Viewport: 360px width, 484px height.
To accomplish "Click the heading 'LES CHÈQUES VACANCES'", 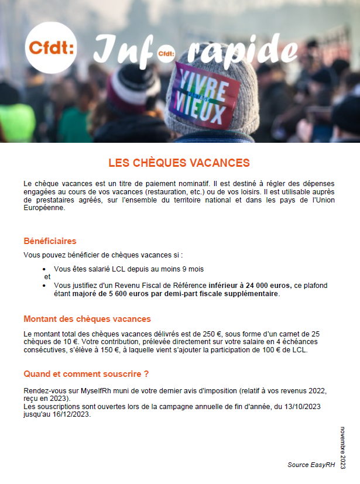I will (x=179, y=163).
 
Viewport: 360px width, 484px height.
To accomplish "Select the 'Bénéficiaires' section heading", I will (x=50, y=241).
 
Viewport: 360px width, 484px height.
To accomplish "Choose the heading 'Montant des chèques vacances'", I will (x=87, y=319).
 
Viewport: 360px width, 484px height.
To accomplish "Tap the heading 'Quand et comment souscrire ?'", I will (x=86, y=373).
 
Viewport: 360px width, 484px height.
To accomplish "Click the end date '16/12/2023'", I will (x=71, y=414).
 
